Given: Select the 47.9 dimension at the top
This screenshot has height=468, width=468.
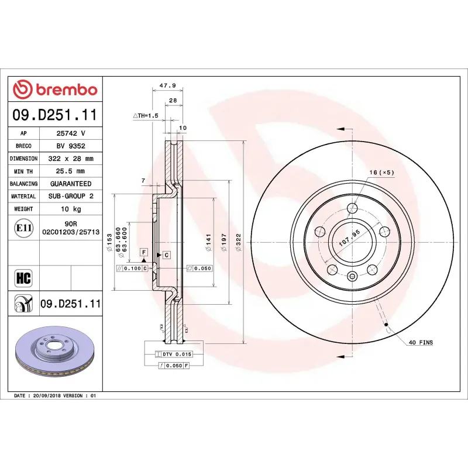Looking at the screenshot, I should click(167, 85).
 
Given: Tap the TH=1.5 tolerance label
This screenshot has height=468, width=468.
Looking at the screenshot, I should click(146, 116).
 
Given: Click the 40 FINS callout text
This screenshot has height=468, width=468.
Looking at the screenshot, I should click(421, 342).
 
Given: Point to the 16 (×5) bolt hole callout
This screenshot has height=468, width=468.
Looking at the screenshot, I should click(382, 173).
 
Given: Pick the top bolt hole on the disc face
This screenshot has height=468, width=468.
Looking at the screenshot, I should click(352, 208).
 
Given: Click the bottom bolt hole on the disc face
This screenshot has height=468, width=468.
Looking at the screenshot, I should click(352, 276).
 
